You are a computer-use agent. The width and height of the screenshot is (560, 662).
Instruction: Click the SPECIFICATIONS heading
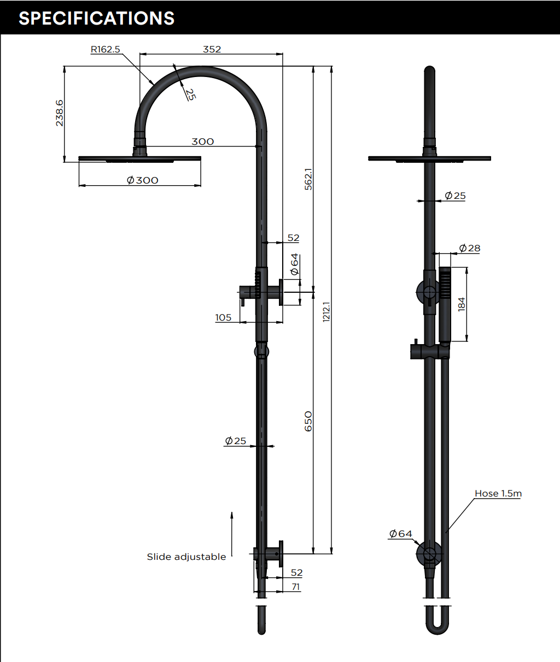[x=96, y=18]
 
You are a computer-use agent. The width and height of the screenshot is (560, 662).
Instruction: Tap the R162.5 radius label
[x=105, y=49]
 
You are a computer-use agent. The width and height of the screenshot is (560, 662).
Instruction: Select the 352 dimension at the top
[x=212, y=49]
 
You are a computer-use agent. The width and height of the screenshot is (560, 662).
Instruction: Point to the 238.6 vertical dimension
[x=59, y=113]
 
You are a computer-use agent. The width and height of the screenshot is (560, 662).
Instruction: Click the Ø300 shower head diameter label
[x=142, y=180]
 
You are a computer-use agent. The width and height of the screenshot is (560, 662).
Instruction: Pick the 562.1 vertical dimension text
[x=308, y=179]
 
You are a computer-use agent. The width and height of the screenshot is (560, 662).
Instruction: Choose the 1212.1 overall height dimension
[x=326, y=311]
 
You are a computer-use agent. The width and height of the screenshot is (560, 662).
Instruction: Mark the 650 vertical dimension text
[x=308, y=421]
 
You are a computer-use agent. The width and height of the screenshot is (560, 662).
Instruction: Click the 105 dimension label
[x=223, y=317]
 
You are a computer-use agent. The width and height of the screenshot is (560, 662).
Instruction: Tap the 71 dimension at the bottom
[x=296, y=587]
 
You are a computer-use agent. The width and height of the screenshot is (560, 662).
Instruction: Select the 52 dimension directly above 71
[x=296, y=572]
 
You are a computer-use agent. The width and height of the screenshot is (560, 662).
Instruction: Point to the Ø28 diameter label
[x=469, y=248]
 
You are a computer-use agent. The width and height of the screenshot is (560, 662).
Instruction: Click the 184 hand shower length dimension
[x=462, y=304]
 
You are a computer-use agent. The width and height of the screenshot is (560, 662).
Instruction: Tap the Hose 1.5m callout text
[x=498, y=493]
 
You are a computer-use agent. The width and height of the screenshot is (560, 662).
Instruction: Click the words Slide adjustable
[x=186, y=557]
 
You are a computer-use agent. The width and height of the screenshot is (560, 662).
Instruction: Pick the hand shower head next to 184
[x=445, y=303]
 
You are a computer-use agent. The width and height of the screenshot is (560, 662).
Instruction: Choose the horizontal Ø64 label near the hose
[x=400, y=534]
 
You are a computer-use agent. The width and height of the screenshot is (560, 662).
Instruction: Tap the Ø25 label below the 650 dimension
[x=236, y=440]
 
